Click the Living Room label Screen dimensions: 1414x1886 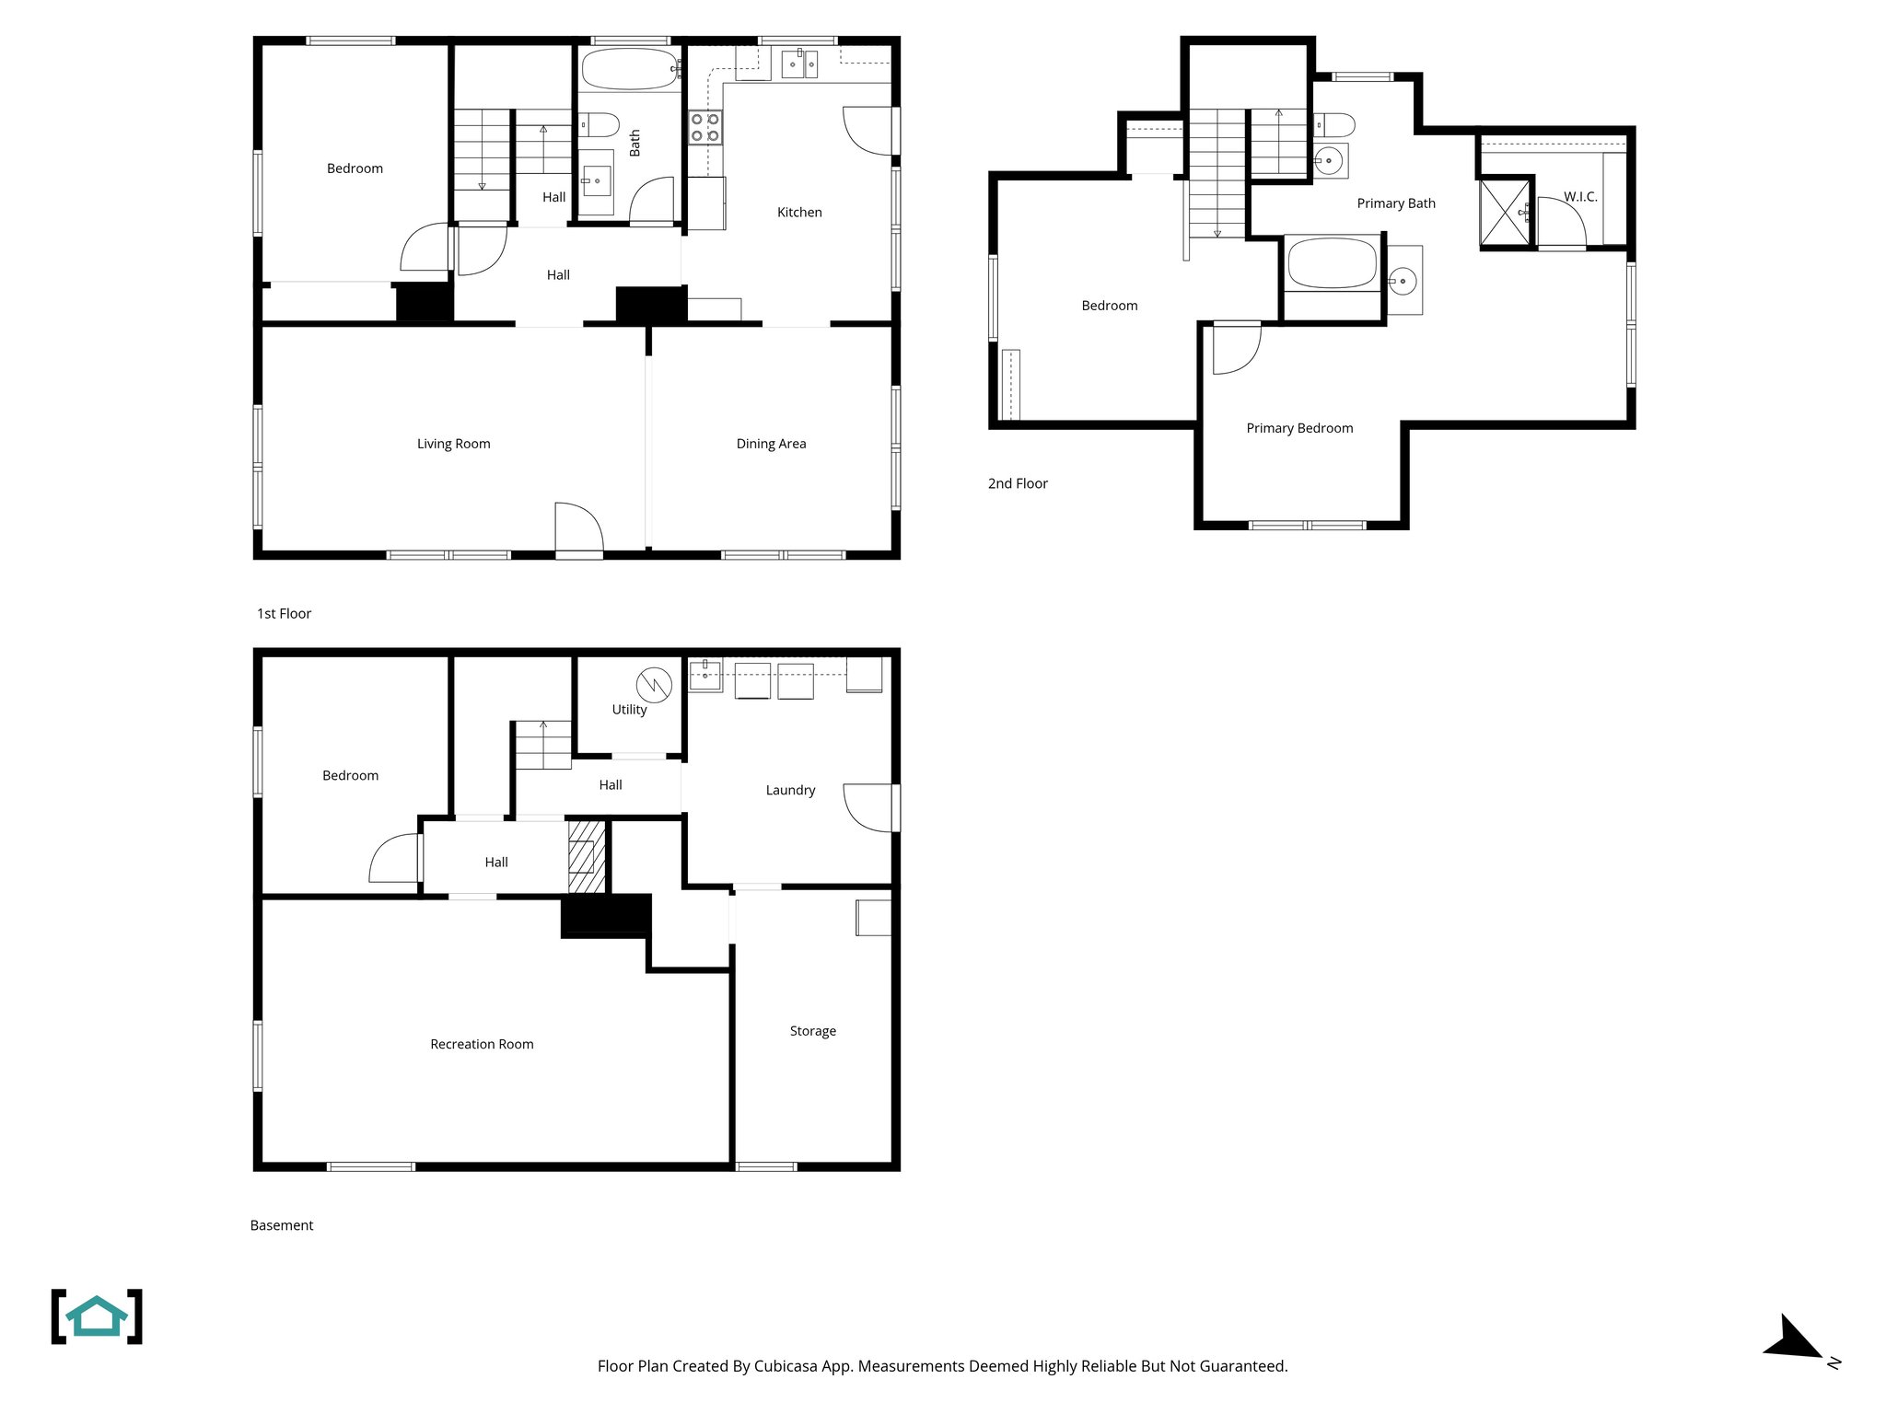[x=453, y=444]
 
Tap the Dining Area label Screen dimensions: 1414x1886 [x=771, y=444]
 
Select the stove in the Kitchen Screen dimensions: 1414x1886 [x=705, y=128]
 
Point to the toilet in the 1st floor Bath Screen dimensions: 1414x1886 [x=600, y=124]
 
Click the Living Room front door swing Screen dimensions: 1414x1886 [x=578, y=528]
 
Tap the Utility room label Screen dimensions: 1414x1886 [x=629, y=710]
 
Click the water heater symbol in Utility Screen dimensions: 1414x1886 [x=654, y=685]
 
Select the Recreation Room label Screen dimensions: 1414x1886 [x=482, y=1044]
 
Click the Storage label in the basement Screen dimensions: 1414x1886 [x=812, y=1031]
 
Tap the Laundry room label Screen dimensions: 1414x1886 [x=790, y=790]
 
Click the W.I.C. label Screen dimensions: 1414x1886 [x=1580, y=197]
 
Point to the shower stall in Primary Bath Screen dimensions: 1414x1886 [x=1504, y=214]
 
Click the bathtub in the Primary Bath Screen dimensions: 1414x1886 [x=1332, y=263]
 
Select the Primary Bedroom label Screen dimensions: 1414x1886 [x=1299, y=428]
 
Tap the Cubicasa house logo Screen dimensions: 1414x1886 [x=97, y=1316]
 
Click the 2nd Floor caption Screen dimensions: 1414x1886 [x=1018, y=483]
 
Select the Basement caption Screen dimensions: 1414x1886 [x=282, y=1225]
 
